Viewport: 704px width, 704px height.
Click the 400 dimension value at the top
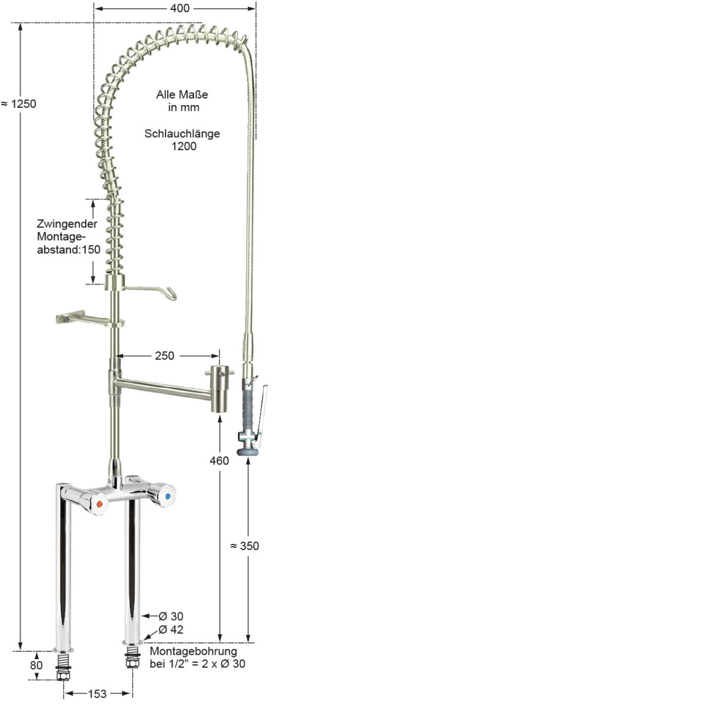click(x=180, y=8)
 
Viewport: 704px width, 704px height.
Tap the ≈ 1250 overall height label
click(x=19, y=104)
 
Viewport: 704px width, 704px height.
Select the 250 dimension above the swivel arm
click(x=164, y=356)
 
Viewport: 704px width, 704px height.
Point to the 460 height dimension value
click(x=219, y=461)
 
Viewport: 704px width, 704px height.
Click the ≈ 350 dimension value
click(x=245, y=546)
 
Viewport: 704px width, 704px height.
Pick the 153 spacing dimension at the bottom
click(x=97, y=694)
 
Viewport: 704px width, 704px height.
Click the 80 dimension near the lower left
click(x=36, y=665)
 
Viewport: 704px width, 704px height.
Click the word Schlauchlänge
click(x=182, y=134)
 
